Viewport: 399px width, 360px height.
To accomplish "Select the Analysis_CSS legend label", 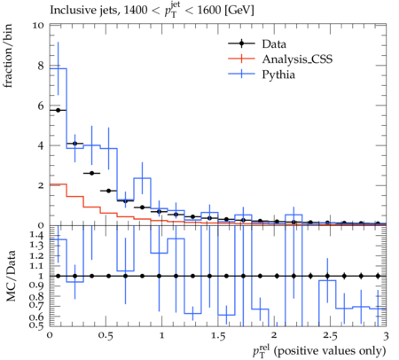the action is [297, 59].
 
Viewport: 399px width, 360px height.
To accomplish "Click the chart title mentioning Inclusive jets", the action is [152, 10].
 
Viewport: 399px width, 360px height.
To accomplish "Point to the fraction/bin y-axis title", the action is [8, 56].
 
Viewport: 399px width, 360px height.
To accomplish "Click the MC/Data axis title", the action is [11, 276].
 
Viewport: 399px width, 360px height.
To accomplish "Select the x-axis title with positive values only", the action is [319, 351].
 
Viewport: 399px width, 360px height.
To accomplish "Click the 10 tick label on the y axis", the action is [38, 26].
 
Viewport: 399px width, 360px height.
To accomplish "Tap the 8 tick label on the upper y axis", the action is [41, 66].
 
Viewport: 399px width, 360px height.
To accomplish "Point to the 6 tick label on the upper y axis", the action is [41, 106].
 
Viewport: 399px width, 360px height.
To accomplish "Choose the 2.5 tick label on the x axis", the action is [330, 336].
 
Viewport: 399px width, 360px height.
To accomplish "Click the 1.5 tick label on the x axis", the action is [218, 336].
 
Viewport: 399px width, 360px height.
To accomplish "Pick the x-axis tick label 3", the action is [386, 336].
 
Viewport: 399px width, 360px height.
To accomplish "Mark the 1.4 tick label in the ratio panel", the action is [36, 235].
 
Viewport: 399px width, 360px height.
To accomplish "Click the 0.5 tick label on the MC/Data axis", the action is [36, 325].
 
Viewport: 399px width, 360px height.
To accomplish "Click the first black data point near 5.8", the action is [58, 110].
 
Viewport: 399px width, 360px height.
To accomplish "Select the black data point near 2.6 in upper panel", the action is [91, 173].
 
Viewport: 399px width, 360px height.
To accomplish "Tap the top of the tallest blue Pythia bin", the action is [59, 68].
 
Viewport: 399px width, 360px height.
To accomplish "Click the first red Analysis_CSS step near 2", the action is [59, 184].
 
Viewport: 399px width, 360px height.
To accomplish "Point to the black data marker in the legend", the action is [241, 44].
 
